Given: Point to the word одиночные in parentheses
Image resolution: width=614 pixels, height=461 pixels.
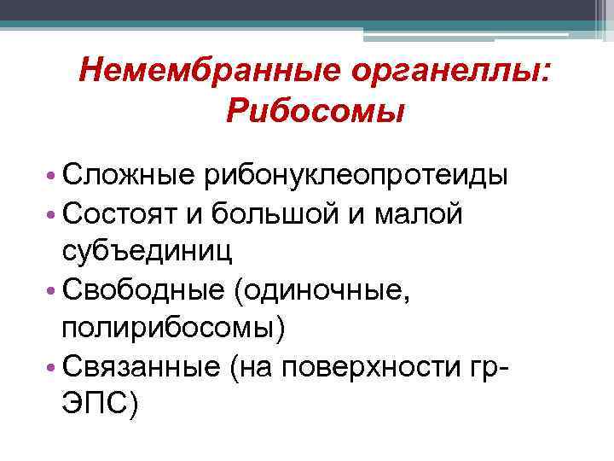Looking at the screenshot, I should (327, 290).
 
